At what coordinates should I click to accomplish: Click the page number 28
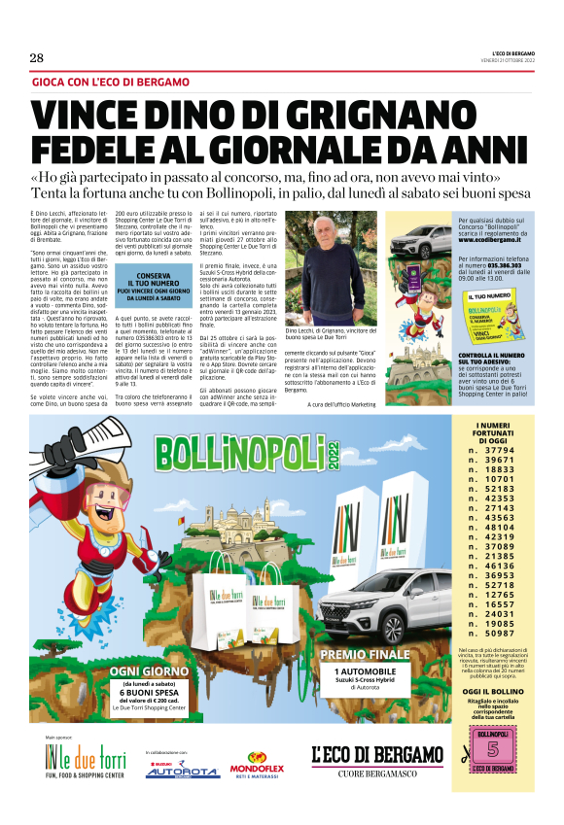click(37, 58)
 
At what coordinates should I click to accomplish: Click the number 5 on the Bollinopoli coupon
click(493, 752)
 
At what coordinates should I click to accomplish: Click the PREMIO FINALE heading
click(365, 654)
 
